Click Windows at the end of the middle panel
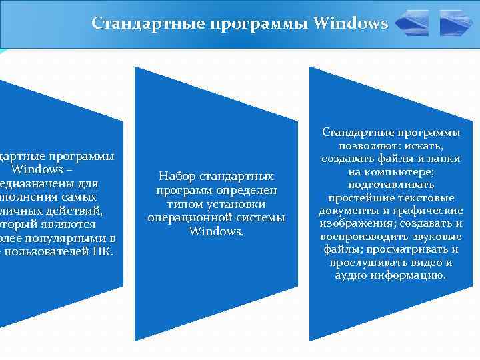(x=216, y=231)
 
